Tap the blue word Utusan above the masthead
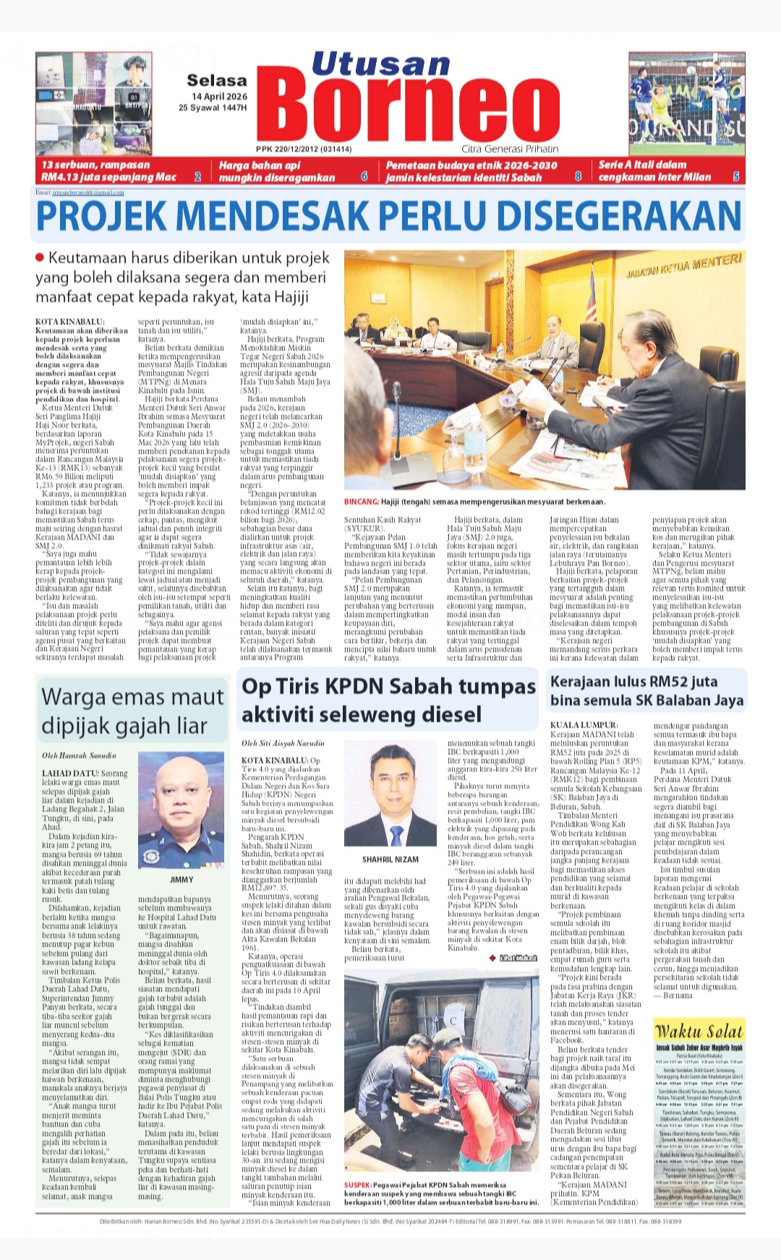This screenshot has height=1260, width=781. (x=380, y=65)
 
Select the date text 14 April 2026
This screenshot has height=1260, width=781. (x=219, y=96)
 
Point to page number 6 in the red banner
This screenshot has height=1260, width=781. (x=364, y=176)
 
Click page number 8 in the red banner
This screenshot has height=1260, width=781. (x=578, y=176)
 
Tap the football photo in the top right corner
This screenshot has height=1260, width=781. (x=686, y=104)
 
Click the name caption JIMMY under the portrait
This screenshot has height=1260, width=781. (x=182, y=880)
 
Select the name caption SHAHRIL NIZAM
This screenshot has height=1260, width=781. (x=390, y=860)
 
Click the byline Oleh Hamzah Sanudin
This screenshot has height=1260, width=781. (x=79, y=755)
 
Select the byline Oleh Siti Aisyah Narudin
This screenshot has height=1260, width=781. (x=283, y=743)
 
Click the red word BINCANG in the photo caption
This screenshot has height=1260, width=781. (x=362, y=502)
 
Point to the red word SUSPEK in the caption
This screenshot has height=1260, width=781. (x=358, y=1185)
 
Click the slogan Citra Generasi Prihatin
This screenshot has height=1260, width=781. (x=510, y=149)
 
